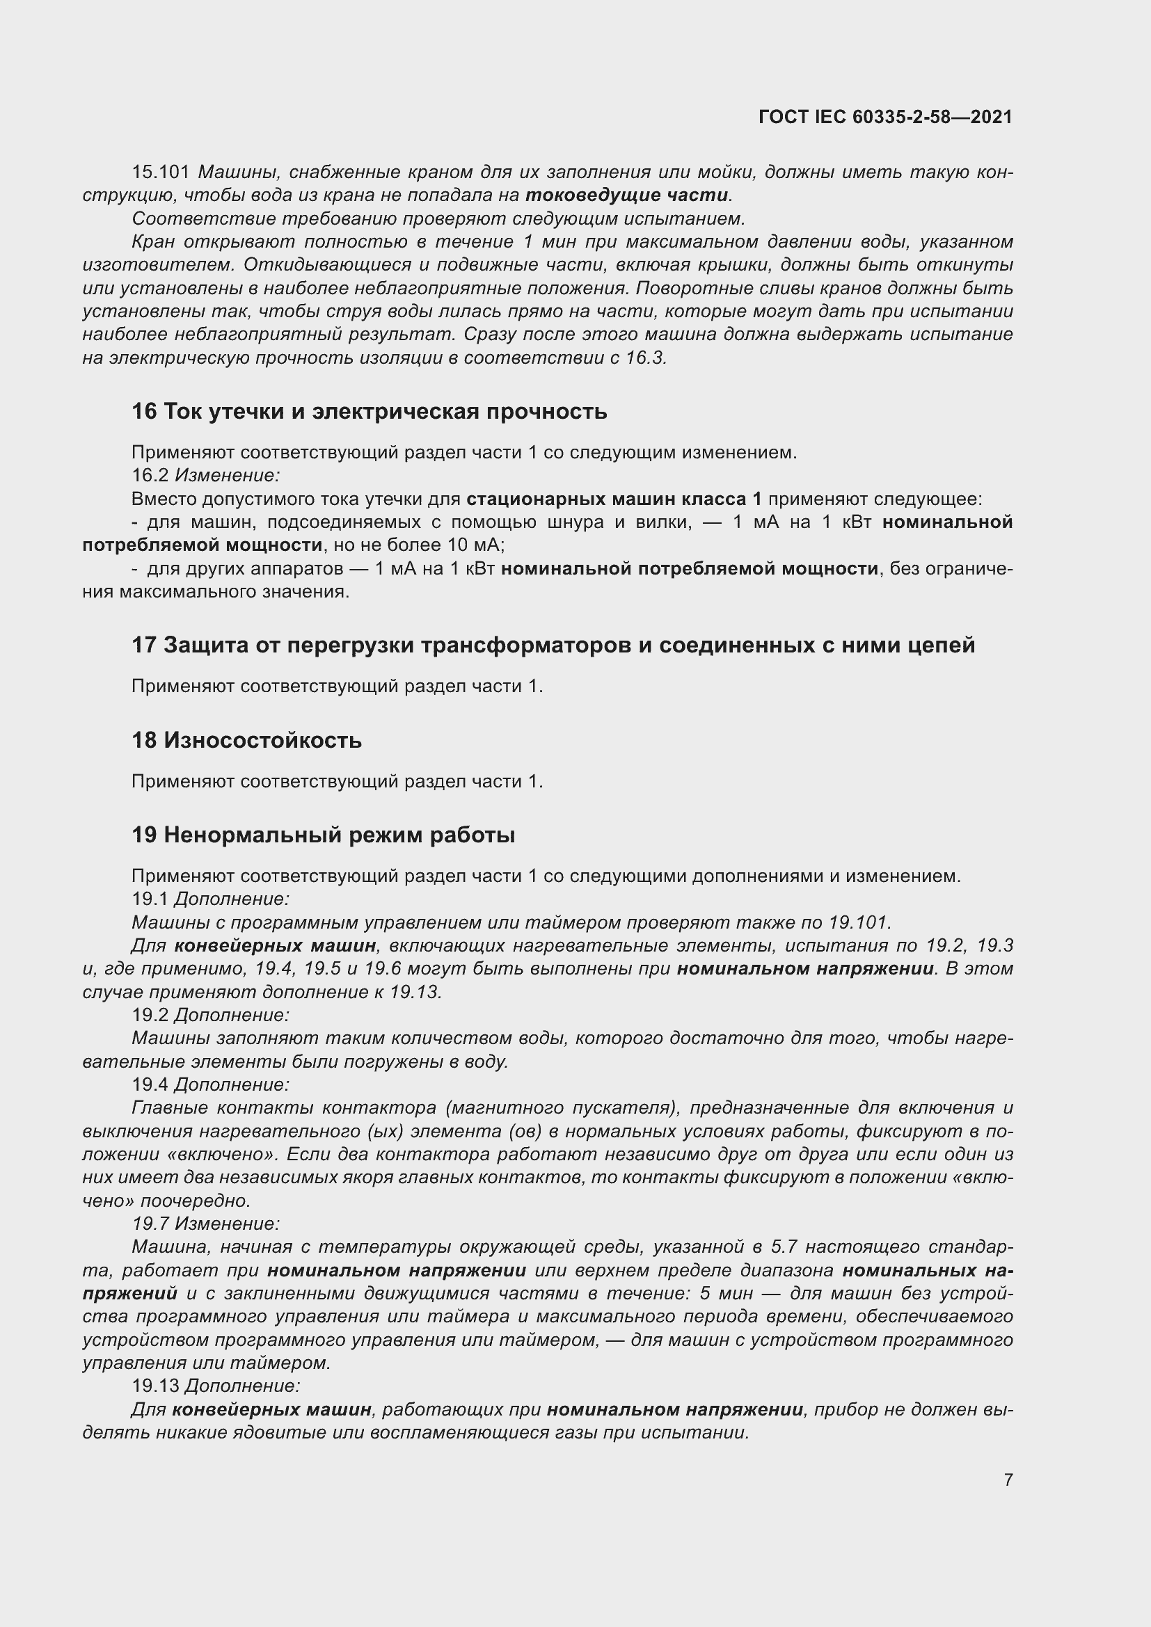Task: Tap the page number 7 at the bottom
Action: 1008,1480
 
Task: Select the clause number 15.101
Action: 161,173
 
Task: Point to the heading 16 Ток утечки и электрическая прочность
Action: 370,411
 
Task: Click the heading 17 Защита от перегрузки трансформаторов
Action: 553,645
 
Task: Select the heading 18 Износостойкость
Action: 246,740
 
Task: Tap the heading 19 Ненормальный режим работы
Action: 323,835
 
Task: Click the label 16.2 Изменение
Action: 205,476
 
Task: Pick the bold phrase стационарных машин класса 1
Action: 614,499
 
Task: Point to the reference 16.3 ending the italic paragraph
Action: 646,358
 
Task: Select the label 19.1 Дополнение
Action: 210,899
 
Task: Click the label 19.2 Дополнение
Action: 210,1015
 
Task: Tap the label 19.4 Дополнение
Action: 210,1084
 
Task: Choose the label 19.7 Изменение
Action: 205,1224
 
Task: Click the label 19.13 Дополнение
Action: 216,1386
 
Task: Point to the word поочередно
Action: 195,1201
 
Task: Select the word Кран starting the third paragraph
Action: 152,241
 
